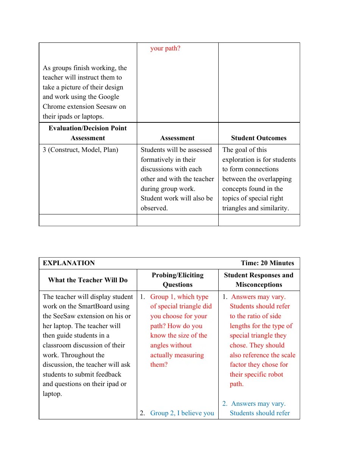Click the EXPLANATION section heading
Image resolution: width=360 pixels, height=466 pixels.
[x=69, y=263]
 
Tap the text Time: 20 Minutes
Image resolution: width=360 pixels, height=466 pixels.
[x=267, y=263]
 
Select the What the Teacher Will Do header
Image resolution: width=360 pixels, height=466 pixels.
[x=88, y=280]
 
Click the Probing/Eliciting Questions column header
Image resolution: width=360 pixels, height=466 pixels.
[x=177, y=280]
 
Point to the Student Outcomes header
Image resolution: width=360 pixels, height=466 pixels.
[x=258, y=138]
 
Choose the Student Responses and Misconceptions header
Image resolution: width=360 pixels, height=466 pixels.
[x=258, y=280]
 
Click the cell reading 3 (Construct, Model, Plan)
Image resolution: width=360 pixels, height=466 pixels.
[x=80, y=150]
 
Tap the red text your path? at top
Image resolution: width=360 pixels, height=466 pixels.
[x=165, y=48]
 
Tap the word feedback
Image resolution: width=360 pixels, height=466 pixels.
[x=108, y=374]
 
